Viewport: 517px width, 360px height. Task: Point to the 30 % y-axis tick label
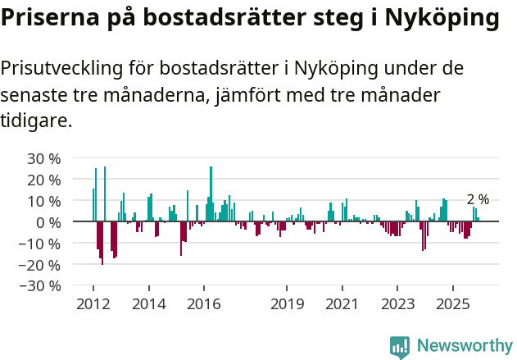click(44, 158)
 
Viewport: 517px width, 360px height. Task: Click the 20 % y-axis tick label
click(44, 180)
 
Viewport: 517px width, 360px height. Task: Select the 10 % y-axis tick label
click(44, 201)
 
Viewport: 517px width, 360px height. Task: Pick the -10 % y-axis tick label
click(41, 244)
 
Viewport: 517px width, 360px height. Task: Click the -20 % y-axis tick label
click(41, 265)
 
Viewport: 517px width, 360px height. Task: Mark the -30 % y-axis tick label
click(41, 286)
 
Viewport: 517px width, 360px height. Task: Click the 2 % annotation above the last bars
click(478, 199)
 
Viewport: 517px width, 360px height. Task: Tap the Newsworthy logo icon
click(400, 347)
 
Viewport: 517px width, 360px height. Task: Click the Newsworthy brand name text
click(464, 346)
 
